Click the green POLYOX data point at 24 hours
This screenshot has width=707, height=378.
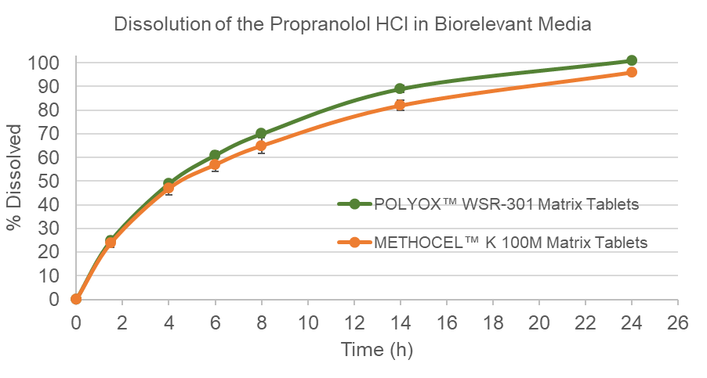[632, 60]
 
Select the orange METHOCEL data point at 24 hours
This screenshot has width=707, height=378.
[632, 72]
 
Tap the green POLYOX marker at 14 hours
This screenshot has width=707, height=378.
[400, 88]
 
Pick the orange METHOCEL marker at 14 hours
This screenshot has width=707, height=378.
[400, 105]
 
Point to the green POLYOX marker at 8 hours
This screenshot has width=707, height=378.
[261, 134]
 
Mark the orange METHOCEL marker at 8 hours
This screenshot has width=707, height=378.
[261, 146]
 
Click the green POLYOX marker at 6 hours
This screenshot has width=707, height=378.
[215, 155]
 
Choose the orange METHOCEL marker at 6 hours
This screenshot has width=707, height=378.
[215, 164]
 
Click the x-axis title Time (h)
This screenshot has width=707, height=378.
[376, 350]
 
